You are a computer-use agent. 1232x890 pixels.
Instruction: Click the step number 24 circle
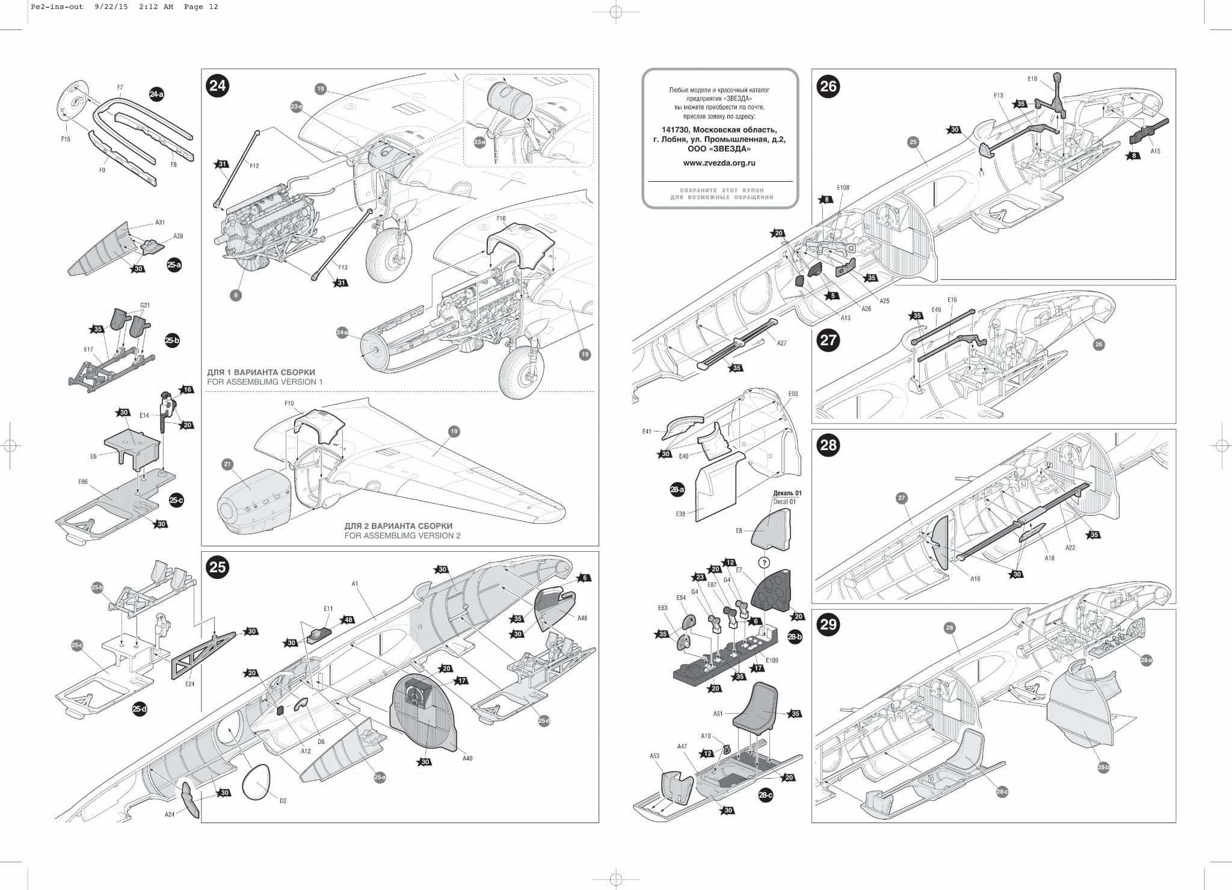coord(217,85)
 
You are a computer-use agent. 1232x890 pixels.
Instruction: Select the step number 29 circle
coord(828,624)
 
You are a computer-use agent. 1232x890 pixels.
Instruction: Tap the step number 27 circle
coord(828,340)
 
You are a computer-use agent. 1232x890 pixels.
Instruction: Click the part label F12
coord(254,165)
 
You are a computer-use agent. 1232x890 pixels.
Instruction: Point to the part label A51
coord(718,714)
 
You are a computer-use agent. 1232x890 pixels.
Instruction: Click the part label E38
coord(680,515)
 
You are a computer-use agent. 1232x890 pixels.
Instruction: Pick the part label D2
coord(283,801)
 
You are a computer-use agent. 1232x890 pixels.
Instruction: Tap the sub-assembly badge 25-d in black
coord(140,709)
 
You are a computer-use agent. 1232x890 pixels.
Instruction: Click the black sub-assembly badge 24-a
coord(156,94)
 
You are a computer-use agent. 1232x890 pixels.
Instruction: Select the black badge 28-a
coord(677,489)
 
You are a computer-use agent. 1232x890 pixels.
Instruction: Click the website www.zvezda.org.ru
coord(719,162)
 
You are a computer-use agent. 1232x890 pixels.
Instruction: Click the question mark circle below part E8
coord(763,563)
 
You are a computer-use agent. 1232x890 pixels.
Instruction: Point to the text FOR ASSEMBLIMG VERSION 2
coord(402,536)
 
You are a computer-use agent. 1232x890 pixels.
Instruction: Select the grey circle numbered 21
coord(227,464)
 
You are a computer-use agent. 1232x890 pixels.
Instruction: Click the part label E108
coord(843,188)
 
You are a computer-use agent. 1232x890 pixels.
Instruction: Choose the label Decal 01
coord(784,501)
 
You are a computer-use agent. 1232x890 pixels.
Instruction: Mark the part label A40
coord(467,758)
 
